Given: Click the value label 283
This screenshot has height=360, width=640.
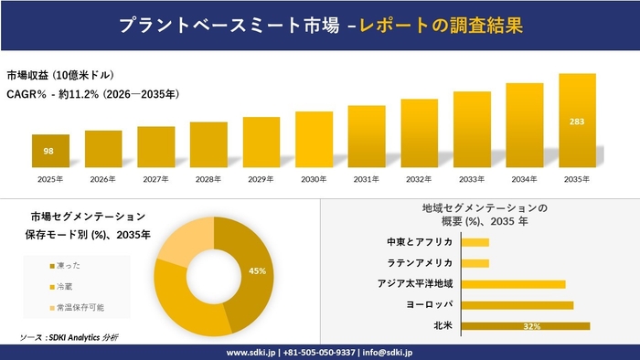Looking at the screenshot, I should [x=577, y=121].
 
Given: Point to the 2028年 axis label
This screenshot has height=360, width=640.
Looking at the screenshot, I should [x=208, y=179].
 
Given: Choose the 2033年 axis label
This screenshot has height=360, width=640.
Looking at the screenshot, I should [x=472, y=179].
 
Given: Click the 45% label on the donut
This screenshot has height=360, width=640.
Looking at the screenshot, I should [x=257, y=270].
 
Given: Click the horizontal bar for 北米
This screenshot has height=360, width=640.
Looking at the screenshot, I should [x=526, y=325].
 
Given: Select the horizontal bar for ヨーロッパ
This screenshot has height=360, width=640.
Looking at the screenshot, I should [x=517, y=304].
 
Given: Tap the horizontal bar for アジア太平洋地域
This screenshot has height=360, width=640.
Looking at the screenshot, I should [x=514, y=284].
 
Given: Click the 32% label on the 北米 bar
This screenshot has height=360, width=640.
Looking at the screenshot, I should [x=532, y=325].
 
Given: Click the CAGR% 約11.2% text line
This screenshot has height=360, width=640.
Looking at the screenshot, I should [x=92, y=93].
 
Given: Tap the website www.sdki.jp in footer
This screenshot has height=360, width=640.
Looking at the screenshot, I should [x=252, y=352].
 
